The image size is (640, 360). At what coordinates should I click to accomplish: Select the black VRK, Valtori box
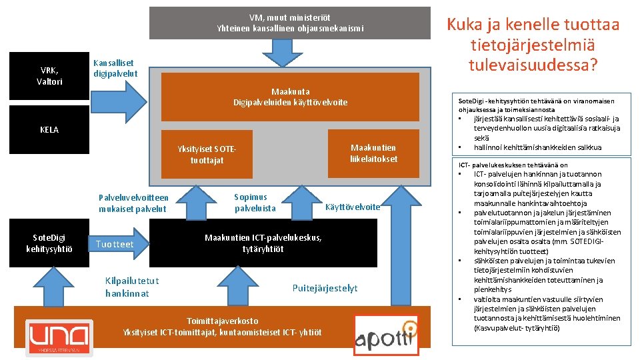(51, 76)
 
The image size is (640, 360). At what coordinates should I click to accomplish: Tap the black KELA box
(49, 129)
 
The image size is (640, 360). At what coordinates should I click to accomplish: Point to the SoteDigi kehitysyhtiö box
(51, 244)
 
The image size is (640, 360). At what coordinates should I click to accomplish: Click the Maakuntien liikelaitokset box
(373, 153)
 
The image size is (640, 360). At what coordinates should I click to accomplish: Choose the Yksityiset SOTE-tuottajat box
(207, 155)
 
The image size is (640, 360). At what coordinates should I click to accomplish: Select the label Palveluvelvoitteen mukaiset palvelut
(133, 203)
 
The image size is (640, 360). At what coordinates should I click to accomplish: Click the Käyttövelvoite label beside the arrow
(352, 207)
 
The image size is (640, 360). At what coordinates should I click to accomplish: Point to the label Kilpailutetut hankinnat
(132, 287)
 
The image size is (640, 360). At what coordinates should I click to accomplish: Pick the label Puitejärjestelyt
(325, 288)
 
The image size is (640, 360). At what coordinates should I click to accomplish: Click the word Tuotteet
(115, 245)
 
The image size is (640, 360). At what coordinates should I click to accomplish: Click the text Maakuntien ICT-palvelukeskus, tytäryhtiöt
(263, 243)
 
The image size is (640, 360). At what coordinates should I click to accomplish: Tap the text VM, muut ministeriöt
(289, 17)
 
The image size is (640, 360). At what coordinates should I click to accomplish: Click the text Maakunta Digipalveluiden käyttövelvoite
(290, 97)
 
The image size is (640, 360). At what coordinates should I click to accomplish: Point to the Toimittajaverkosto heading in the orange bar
(222, 321)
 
